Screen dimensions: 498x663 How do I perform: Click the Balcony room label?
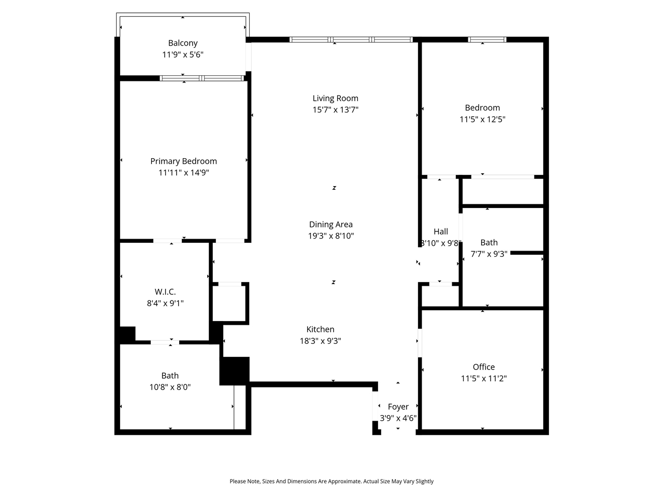point(182,43)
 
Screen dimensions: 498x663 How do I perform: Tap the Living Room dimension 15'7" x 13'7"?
point(335,109)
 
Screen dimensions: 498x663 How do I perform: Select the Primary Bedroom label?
point(183,161)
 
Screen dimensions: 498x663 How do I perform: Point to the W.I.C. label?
point(165,292)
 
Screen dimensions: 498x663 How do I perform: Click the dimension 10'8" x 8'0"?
point(170,387)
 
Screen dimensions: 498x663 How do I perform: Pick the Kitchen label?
point(320,329)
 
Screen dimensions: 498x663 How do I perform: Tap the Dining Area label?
point(330,224)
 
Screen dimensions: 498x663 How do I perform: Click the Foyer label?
point(398,407)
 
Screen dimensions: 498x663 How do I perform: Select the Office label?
point(483,367)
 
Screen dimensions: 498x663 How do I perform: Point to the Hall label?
point(441,231)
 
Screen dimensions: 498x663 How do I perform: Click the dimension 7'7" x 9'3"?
point(488,254)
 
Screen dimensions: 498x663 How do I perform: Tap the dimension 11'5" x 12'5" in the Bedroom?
point(482,119)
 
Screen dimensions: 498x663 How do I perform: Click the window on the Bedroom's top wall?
point(487,39)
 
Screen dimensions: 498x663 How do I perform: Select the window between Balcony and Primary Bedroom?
point(201,78)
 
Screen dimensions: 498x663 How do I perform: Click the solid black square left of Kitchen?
point(235,370)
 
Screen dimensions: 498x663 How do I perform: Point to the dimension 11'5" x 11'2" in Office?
point(483,379)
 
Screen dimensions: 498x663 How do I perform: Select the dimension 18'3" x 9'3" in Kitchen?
point(320,341)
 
